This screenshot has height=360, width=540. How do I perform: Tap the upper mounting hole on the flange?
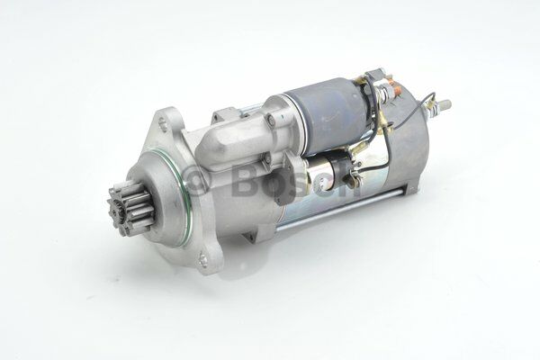pos(161,123)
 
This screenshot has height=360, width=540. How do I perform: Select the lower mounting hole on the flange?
pos(203,257)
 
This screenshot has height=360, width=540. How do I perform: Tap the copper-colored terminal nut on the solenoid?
pos(395,91)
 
